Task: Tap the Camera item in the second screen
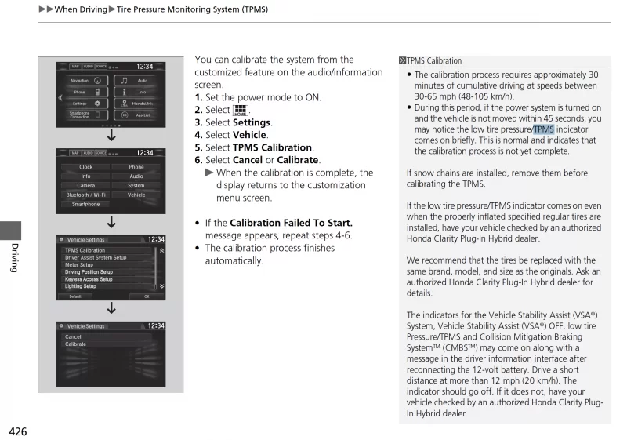[85, 186]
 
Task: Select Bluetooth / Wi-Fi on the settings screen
[85, 195]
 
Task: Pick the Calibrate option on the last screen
[76, 344]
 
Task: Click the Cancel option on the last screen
[73, 336]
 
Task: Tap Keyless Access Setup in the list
[89, 279]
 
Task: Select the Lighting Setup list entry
[81, 286]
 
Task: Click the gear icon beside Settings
[97, 103]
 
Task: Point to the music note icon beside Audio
[123, 80]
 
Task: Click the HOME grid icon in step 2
[241, 110]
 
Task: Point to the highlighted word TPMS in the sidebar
[544, 129]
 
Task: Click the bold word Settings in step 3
[252, 122]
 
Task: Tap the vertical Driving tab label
[13, 257]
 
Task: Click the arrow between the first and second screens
[111, 136]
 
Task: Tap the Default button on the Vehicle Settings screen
[75, 296]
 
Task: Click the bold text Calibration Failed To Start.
[291, 223]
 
